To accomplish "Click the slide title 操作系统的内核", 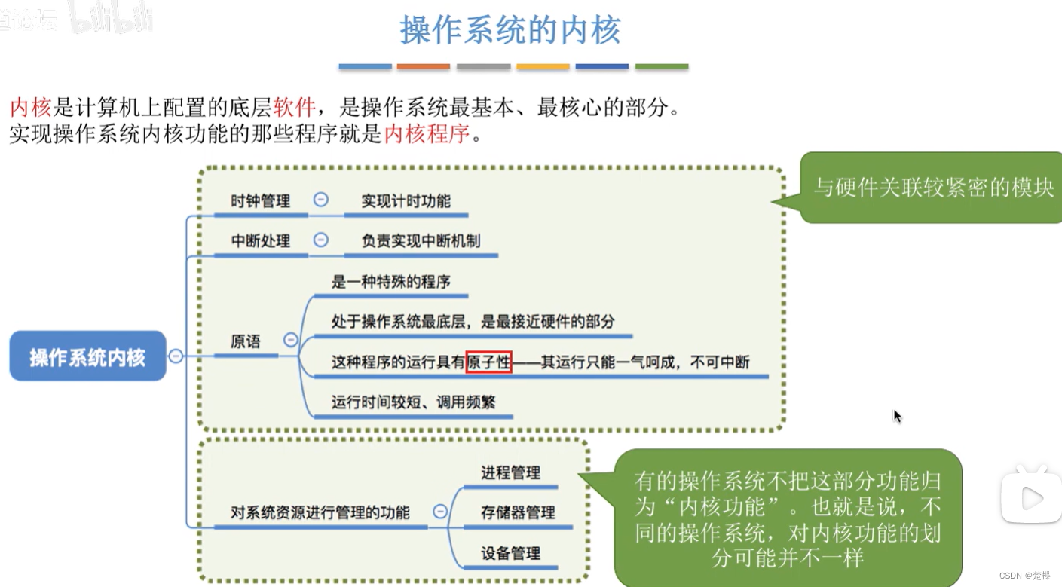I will [x=510, y=30].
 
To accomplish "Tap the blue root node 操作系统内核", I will [x=87, y=356].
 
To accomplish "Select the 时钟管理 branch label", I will [x=260, y=201].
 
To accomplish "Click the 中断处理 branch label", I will [x=260, y=241].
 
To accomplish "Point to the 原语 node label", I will [x=245, y=341].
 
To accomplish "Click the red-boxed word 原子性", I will [x=488, y=362].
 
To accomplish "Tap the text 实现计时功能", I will [x=406, y=201].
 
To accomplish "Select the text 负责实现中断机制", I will [x=421, y=241].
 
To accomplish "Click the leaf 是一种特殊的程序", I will [x=390, y=282].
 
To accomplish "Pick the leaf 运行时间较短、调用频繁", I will [x=413, y=402].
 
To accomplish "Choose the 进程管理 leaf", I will [x=510, y=473].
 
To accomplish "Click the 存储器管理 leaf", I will [x=518, y=513].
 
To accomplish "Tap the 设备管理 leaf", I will [x=510, y=554].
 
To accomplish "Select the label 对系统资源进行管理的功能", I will [x=320, y=513].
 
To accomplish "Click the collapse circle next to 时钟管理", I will [x=320, y=200].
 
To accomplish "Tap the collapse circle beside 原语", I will [x=291, y=340].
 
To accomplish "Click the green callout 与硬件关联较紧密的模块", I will [x=933, y=188].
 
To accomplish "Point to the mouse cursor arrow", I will [x=897, y=416].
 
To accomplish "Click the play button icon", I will [x=1030, y=497].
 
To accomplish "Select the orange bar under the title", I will [x=423, y=67].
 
